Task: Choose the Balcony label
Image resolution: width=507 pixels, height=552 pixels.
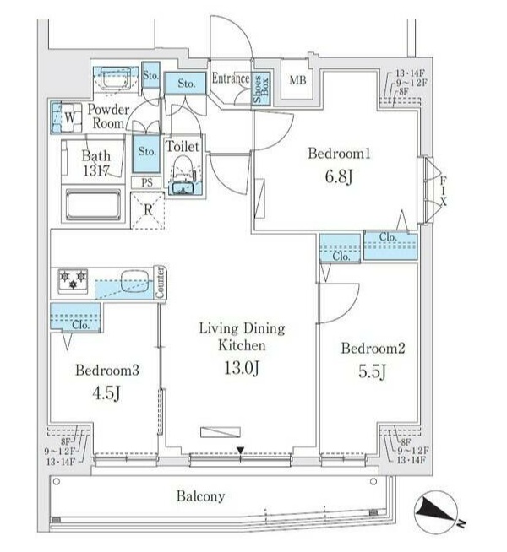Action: coord(200,496)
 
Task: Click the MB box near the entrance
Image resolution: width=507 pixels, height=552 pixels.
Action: coord(297,81)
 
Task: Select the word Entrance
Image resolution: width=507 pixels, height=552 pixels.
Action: coord(230,79)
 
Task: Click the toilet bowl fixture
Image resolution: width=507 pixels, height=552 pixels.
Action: coord(183,176)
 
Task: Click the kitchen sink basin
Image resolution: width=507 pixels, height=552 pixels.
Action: coord(134,280)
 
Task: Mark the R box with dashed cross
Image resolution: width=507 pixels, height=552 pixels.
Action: coord(147,208)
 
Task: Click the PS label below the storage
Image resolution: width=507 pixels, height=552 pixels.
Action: coord(147,182)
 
